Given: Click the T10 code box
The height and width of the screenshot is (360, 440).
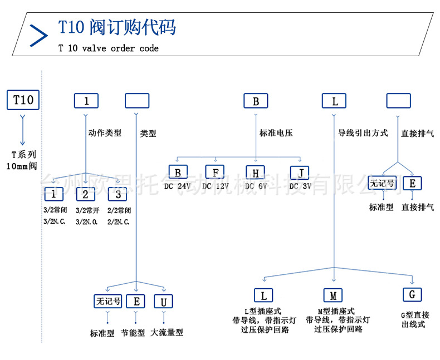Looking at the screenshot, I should pos(23,101).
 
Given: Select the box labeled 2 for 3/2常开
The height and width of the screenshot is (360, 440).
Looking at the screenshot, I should pos(85,194).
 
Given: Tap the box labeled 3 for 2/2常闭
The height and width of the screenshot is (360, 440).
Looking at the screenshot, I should pos(118,194).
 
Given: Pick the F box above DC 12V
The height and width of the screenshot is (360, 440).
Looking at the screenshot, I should pos(215,171).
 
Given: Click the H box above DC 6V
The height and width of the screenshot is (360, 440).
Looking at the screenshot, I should pos(256,171).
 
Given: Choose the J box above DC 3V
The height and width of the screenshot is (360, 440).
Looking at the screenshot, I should pos(300,171).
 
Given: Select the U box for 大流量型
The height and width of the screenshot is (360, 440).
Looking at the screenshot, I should pos(163,302).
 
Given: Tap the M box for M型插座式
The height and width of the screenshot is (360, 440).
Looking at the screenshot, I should pos(333,295).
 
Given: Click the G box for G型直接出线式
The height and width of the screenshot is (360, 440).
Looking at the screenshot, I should pos(412,294).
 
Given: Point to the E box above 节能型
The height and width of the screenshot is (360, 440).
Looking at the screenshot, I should pos(136,302).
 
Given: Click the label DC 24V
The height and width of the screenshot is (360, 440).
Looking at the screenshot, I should pos(178,186).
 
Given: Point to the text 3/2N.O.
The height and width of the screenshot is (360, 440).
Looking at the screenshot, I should pos(87,221).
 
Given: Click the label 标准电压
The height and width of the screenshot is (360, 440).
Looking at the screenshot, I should pos(276,134).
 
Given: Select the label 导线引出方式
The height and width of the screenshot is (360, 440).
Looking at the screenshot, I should pos(363,134).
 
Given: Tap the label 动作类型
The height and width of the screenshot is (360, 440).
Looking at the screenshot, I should pos(105,134).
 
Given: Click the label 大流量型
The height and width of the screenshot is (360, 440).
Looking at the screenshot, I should pos(167,333).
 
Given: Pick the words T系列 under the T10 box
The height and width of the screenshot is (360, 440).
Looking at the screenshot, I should pos(24,155).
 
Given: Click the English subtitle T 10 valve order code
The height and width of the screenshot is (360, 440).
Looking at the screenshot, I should pos(109,48).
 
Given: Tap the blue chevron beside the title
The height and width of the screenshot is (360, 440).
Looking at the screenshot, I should pos(38,34).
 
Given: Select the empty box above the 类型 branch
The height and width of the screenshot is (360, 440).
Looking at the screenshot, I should pos(137,101).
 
